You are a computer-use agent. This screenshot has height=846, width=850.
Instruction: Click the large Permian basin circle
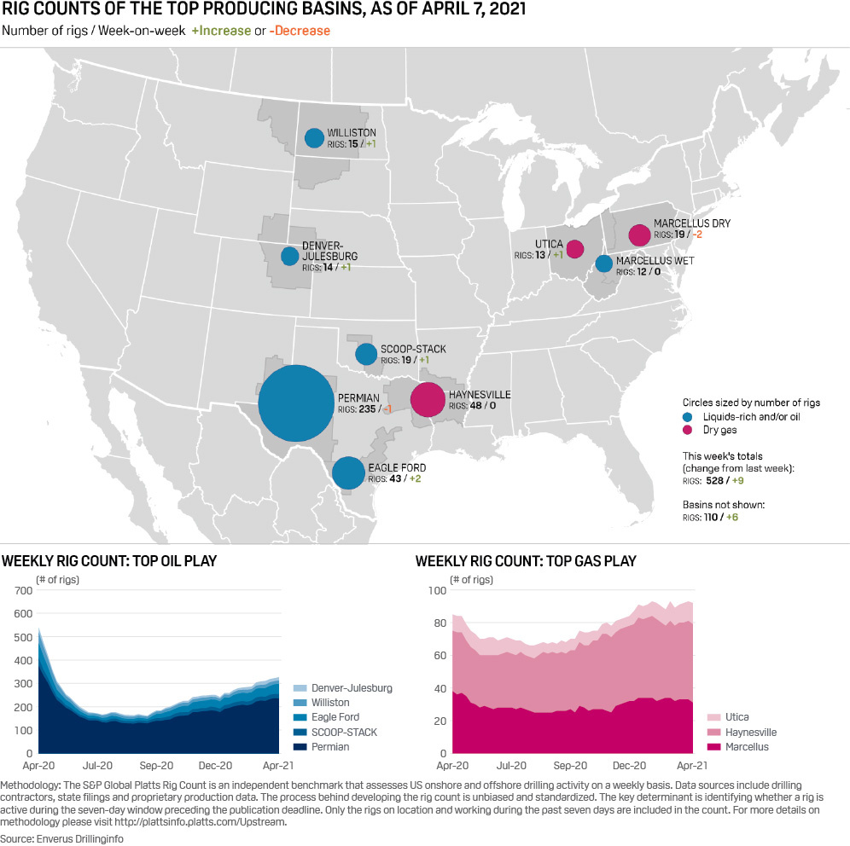(295, 403)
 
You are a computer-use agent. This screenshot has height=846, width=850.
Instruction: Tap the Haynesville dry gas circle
(428, 399)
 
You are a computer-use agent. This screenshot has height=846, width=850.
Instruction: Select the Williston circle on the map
(314, 137)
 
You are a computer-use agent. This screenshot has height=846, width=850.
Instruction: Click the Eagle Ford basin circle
(347, 472)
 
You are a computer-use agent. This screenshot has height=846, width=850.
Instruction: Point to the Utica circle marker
(574, 249)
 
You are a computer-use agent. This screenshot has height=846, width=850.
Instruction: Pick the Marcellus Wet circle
(603, 264)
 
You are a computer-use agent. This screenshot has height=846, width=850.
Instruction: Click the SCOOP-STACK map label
(413, 349)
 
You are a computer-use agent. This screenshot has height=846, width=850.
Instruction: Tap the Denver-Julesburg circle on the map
(290, 256)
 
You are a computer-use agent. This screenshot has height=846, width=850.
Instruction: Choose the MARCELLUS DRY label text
(691, 223)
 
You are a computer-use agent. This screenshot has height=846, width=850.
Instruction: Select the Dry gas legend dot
(688, 431)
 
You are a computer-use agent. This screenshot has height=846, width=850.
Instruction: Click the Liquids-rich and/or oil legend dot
(688, 417)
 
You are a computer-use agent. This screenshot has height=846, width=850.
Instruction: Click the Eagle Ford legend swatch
(298, 717)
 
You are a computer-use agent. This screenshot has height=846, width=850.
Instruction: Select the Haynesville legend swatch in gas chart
(712, 733)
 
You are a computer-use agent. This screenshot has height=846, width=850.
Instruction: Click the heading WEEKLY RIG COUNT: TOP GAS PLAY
(525, 561)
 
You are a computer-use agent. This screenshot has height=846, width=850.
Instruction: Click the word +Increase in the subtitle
(222, 31)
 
